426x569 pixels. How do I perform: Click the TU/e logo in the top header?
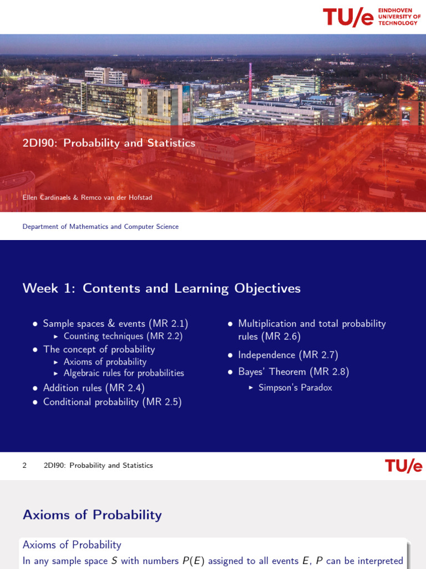pyautogui.click(x=348, y=17)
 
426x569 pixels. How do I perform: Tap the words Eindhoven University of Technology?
pyautogui.click(x=399, y=17)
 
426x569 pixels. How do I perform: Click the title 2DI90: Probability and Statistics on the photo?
pyautogui.click(x=109, y=143)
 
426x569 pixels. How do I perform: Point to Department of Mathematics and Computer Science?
pyautogui.click(x=100, y=227)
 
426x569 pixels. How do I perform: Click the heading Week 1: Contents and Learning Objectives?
pyautogui.click(x=161, y=288)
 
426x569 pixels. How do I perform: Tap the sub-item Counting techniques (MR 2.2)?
pyautogui.click(x=123, y=336)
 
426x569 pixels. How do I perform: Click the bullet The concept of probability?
pyautogui.click(x=99, y=350)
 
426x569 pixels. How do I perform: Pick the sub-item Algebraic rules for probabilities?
pyautogui.click(x=124, y=373)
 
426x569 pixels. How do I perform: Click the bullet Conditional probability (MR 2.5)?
pyautogui.click(x=112, y=402)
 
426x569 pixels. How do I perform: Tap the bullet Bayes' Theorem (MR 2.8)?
pyautogui.click(x=293, y=372)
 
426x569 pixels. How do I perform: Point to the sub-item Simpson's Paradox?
pyautogui.click(x=295, y=388)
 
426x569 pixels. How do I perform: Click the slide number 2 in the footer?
pyautogui.click(x=24, y=466)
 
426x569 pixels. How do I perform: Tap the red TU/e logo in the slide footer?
pyautogui.click(x=403, y=466)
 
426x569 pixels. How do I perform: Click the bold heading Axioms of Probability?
pyautogui.click(x=92, y=515)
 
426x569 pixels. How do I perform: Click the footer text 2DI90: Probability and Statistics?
pyautogui.click(x=98, y=466)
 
